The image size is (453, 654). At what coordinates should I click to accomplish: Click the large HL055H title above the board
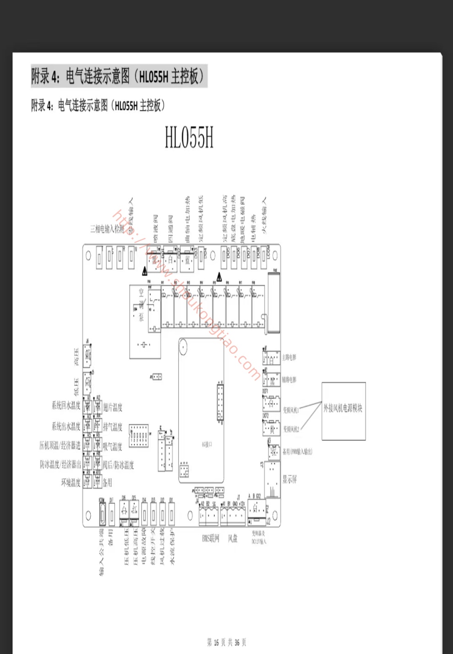[189, 137]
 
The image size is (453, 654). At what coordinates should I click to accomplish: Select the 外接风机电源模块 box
[344, 411]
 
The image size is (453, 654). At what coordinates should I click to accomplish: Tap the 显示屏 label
[289, 480]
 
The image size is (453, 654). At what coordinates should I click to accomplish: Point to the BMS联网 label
[211, 539]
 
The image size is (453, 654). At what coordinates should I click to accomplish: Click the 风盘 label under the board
[233, 539]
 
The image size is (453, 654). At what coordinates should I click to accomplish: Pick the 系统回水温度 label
[66, 405]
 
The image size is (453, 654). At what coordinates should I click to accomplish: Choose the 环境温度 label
[71, 482]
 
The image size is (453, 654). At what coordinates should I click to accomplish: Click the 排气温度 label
[113, 427]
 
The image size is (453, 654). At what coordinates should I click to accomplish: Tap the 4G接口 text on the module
[207, 444]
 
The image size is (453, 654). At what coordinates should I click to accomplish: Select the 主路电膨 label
[289, 357]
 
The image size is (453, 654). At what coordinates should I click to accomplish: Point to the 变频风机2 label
[291, 429]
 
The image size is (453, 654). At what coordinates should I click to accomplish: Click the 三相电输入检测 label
[107, 229]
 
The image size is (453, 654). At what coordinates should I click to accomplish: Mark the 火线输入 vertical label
[264, 215]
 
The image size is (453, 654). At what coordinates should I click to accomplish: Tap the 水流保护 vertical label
[172, 546]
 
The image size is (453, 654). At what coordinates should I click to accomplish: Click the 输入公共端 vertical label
[101, 551]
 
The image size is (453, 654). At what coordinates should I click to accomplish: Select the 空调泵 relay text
[142, 305]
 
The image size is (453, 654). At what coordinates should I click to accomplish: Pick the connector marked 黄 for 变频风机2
[272, 429]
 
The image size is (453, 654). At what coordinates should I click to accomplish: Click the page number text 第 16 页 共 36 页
[227, 643]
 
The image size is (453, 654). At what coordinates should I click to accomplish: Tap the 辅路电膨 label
[289, 380]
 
